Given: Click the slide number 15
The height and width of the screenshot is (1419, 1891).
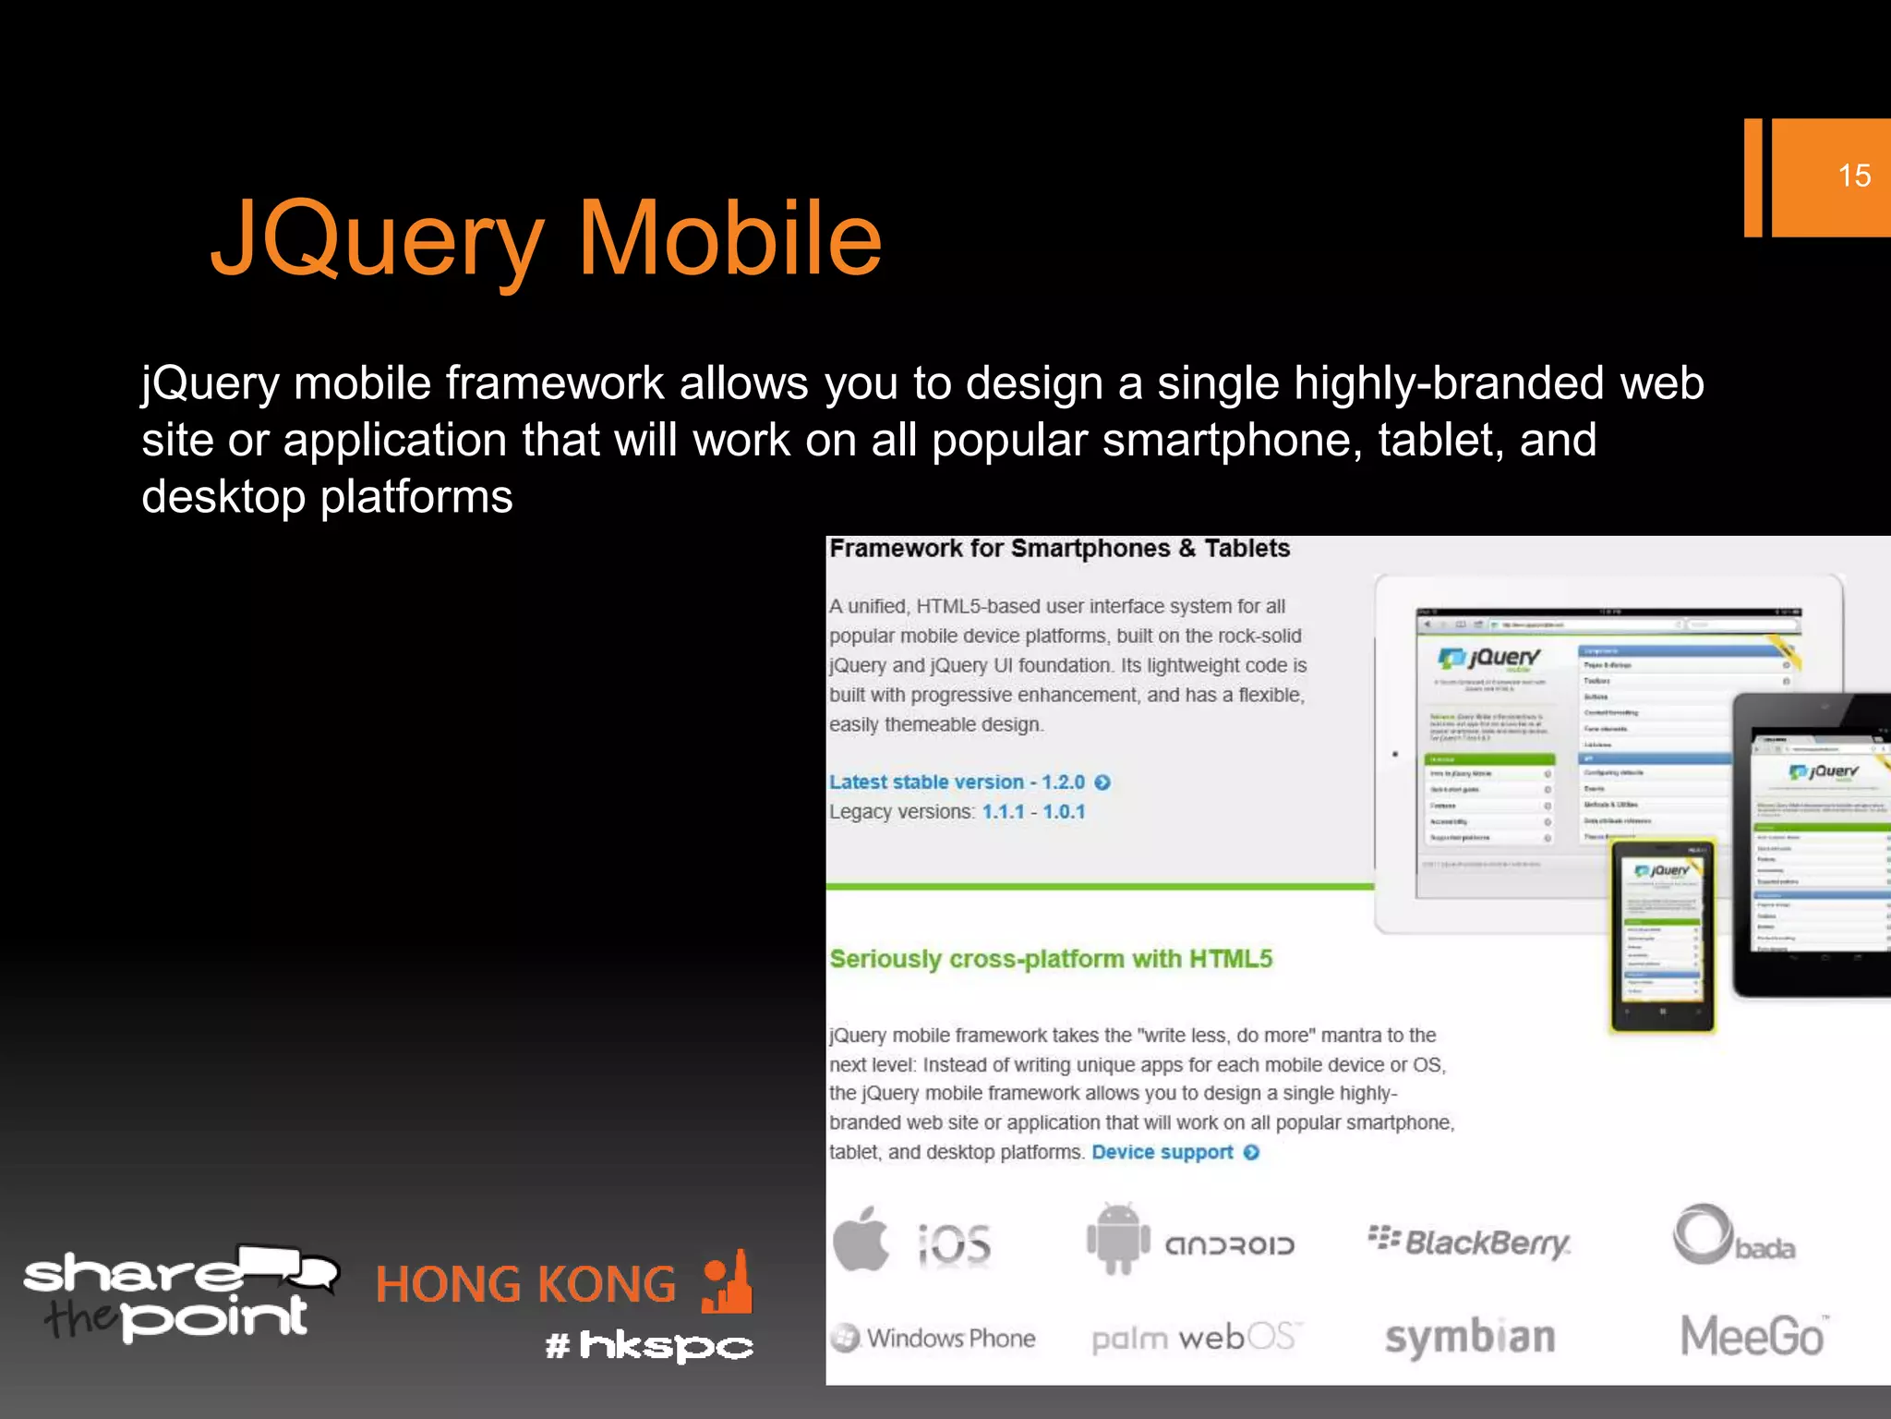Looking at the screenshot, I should coord(1853,176).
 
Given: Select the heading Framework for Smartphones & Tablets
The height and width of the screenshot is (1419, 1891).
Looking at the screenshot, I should coord(1059,549).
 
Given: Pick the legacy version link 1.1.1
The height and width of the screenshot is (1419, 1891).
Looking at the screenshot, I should coord(1003,812).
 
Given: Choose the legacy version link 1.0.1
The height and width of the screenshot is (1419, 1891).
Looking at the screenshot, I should coord(1064,812).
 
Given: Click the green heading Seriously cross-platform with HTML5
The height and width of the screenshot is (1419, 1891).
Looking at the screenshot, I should coord(1051,959).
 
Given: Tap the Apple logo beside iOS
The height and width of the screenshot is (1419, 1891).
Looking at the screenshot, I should coord(861,1240).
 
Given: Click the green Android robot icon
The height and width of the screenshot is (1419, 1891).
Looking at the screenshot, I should coord(1118,1240).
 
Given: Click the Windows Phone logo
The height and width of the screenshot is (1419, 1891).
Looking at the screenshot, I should coord(933,1338).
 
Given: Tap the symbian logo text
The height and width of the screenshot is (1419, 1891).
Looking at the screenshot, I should coord(1470,1338).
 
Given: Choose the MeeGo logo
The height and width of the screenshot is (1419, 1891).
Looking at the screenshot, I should coord(1752,1336).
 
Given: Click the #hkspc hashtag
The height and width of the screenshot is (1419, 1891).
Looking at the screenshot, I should coord(649,1345).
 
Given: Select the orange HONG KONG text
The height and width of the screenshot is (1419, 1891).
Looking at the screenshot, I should coord(525,1285).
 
